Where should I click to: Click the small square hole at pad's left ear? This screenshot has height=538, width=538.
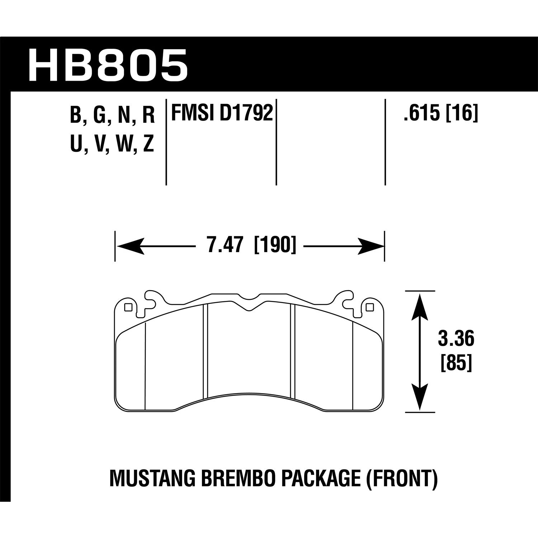(128, 307)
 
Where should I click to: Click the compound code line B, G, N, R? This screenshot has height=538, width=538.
(113, 116)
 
